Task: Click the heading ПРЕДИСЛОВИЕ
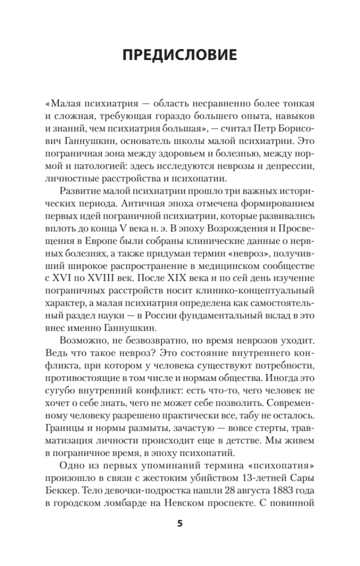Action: (179, 55)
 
